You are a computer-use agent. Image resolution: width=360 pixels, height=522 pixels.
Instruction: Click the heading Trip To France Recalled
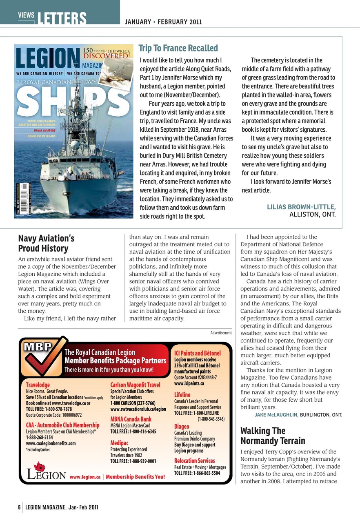pyautogui.click(x=178, y=48)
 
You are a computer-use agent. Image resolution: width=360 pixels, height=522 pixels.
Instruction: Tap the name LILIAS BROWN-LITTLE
pyautogui.click(x=301, y=207)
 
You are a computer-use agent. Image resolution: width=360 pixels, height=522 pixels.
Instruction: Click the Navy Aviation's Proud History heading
pyautogui.click(x=43, y=243)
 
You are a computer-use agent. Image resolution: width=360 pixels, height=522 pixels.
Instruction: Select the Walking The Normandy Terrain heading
pyautogui.click(x=273, y=436)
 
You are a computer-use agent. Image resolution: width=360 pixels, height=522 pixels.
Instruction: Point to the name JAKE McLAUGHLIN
pyautogui.click(x=276, y=415)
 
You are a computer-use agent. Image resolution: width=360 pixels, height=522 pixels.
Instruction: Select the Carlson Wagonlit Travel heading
pyautogui.click(x=135, y=385)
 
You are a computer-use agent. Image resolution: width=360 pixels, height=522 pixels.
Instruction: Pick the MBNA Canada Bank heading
pyautogui.click(x=131, y=419)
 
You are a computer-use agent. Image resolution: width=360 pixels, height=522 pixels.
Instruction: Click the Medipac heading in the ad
pyautogui.click(x=119, y=443)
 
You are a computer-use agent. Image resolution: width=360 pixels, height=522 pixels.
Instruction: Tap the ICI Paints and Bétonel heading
pyautogui.click(x=197, y=353)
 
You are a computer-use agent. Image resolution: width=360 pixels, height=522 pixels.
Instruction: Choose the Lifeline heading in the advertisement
pyautogui.click(x=182, y=395)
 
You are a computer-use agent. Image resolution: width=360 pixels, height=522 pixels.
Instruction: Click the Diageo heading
pyautogui.click(x=182, y=427)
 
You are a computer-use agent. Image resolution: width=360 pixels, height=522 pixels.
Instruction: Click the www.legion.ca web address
pyautogui.click(x=85, y=476)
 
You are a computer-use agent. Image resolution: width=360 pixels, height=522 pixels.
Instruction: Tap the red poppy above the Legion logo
pyautogui.click(x=39, y=466)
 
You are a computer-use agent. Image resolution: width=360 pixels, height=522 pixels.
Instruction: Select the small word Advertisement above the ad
pyautogui.click(x=221, y=333)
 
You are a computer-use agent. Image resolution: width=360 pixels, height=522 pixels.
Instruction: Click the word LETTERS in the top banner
pyautogui.click(x=62, y=19)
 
